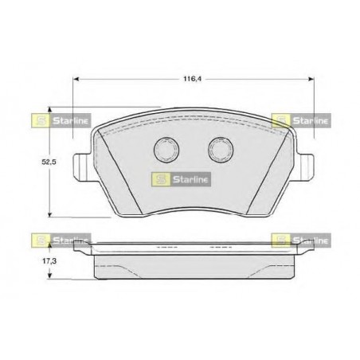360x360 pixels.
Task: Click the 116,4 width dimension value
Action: (x=193, y=79)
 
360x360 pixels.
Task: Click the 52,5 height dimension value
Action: (x=49, y=162)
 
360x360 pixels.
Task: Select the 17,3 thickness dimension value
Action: (x=49, y=261)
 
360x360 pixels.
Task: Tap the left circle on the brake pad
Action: (x=166, y=150)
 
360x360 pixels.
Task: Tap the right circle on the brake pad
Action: (x=221, y=150)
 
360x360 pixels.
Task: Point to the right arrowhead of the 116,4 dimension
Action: (x=311, y=79)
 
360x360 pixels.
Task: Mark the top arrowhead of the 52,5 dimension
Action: (x=49, y=110)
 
